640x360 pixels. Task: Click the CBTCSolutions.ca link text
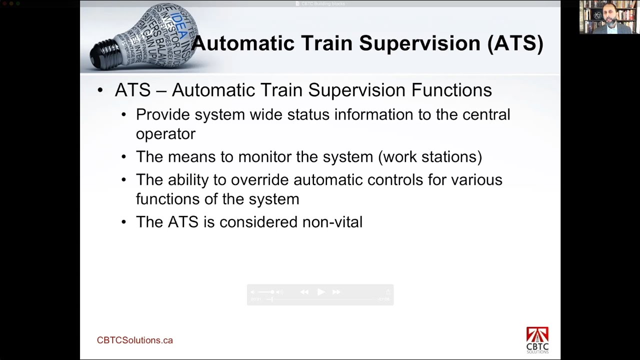(x=134, y=340)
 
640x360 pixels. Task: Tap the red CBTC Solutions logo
(x=537, y=339)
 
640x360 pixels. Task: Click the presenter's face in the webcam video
(x=609, y=14)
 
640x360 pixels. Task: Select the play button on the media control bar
(x=320, y=292)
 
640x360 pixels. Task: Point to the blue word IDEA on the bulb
(x=178, y=25)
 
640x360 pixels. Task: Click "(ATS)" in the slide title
(x=515, y=43)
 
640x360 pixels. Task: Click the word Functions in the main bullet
(x=451, y=90)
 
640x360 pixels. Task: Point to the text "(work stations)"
(x=430, y=157)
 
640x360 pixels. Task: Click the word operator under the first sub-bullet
(x=165, y=134)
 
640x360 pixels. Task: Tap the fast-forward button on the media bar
(x=336, y=292)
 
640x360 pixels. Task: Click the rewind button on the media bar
(x=304, y=292)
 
